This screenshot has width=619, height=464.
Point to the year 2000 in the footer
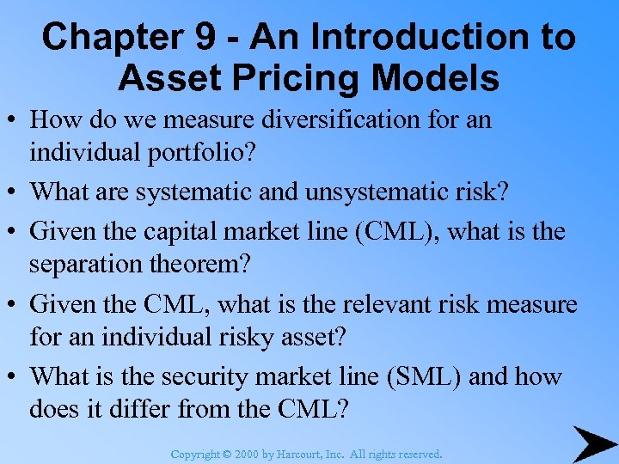244,454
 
